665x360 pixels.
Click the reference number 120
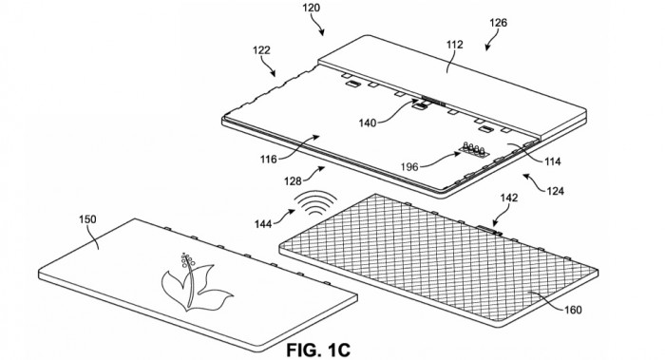tap(312, 8)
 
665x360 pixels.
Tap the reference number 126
tap(498, 23)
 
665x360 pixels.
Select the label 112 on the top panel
tap(455, 45)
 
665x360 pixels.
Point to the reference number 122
tap(261, 50)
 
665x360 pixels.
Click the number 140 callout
tap(368, 123)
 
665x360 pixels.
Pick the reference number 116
tap(269, 160)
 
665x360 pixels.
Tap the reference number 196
tap(409, 166)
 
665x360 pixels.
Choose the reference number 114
tap(552, 161)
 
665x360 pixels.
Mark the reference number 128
tap(293, 181)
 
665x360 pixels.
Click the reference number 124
tap(555, 191)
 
